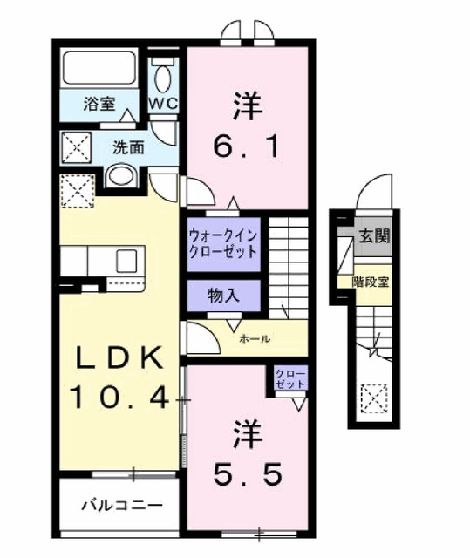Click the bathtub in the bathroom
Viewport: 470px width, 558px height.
99,67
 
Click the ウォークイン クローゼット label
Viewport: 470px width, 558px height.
222,242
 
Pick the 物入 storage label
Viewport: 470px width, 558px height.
222,296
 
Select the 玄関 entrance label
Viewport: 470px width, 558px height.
371,235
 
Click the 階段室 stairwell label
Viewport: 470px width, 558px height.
371,281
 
